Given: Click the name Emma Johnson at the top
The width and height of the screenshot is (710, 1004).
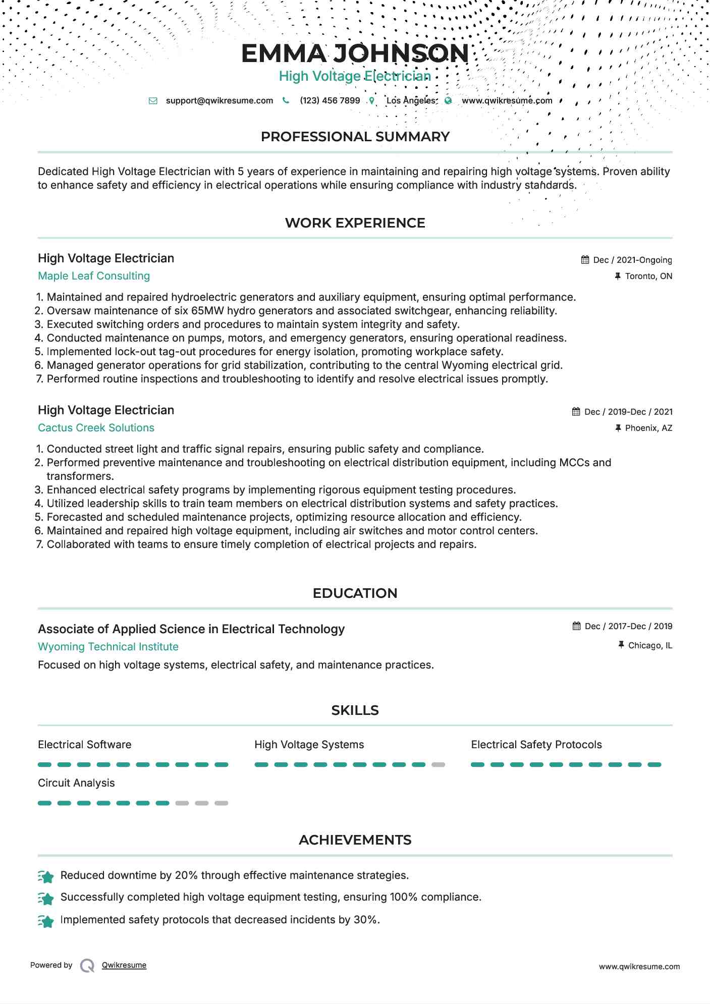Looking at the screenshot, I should [355, 53].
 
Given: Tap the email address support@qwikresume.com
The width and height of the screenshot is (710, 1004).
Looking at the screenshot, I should [219, 100].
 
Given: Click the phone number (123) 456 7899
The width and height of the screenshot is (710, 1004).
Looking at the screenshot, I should [330, 100].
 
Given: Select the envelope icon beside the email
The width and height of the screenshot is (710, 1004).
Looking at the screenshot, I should [153, 101].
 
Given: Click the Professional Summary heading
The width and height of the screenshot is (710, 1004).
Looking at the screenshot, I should [355, 137].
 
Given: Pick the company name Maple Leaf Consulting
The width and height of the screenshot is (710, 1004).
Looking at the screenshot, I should [94, 276].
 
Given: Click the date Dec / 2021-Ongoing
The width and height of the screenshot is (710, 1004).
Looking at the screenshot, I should [632, 260].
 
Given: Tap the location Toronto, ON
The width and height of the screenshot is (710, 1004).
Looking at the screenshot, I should [648, 276].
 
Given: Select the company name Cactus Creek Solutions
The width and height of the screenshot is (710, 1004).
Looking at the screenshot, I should [96, 428].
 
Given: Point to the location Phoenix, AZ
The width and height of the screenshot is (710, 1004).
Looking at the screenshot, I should [648, 428].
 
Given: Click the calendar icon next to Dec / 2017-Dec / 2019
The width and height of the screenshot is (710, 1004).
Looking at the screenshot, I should [577, 626].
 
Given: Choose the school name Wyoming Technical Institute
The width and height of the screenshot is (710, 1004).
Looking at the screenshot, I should [108, 647].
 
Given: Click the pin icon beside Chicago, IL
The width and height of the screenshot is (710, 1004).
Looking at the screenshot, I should [621, 645].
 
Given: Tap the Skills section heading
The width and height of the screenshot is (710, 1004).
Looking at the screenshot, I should [355, 710].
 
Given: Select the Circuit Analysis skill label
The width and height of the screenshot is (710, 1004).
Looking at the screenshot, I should [76, 783].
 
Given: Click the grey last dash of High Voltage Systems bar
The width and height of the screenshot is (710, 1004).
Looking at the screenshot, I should [438, 765].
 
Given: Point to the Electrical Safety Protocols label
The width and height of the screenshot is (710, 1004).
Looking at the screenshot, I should [536, 745].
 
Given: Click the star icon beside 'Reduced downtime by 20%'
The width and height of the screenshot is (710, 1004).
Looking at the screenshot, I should [46, 877].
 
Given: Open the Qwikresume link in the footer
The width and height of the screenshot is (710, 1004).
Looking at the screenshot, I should [124, 965].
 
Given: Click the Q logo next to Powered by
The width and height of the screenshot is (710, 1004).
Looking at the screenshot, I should [87, 966].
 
